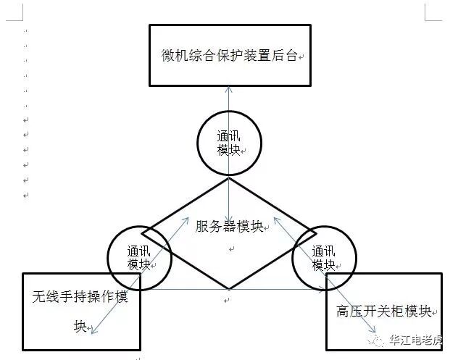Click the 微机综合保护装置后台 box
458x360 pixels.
(x=230, y=55)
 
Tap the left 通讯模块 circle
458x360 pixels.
(x=138, y=258)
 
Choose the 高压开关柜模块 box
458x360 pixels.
(x=383, y=311)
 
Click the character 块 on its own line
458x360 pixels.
(x=80, y=327)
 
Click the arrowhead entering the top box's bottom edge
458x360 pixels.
(x=229, y=89)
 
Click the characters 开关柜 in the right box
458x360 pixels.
(x=383, y=312)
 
